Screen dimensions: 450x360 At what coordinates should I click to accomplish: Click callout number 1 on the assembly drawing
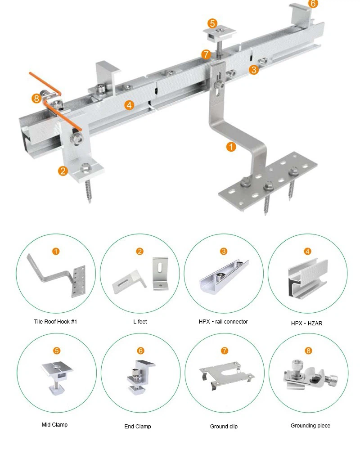tap(231, 147)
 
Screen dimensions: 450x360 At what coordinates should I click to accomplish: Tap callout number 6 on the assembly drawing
tap(313, 4)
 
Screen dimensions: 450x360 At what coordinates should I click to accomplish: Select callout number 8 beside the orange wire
tap(36, 98)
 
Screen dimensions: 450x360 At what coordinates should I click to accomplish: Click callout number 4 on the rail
tap(129, 105)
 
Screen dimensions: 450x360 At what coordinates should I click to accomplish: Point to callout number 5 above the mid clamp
tap(212, 23)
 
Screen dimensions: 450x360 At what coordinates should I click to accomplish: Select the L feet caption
tap(140, 322)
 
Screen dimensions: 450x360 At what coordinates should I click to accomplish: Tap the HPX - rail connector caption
tap(223, 322)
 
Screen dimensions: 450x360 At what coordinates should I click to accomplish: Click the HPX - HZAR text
tap(306, 323)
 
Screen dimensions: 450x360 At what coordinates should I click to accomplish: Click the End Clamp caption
tap(138, 426)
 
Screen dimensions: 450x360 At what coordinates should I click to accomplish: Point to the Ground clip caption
tap(224, 426)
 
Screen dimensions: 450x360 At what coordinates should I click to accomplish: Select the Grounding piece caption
tap(310, 425)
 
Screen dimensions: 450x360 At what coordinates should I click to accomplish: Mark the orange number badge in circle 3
tap(224, 252)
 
